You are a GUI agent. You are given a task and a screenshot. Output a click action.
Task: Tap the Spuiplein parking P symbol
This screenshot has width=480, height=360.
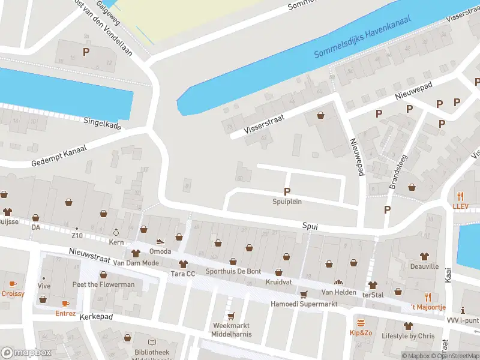coord(287,191)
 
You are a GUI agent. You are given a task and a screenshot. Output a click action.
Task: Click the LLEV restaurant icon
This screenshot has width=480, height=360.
coord(461,196)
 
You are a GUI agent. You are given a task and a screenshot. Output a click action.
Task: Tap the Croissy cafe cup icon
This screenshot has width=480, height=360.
coord(13,284)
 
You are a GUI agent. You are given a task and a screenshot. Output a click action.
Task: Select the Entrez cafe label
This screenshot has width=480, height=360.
coord(65,313)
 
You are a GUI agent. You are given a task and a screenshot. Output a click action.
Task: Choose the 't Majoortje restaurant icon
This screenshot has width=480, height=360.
coord(428,297)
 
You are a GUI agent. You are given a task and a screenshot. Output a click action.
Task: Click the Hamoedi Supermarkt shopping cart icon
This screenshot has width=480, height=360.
coord(304,294)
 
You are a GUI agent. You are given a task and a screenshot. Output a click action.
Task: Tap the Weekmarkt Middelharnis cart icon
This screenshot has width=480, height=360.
coord(231,316)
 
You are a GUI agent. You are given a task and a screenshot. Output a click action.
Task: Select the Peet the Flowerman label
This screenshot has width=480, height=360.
coord(103,284)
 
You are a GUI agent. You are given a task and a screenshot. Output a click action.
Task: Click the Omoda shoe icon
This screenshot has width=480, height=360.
coord(160,242)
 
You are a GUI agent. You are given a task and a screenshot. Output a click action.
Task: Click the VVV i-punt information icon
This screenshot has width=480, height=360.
coord(463,310)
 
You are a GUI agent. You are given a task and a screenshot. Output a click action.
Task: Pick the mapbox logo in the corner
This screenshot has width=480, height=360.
coord(26,353)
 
